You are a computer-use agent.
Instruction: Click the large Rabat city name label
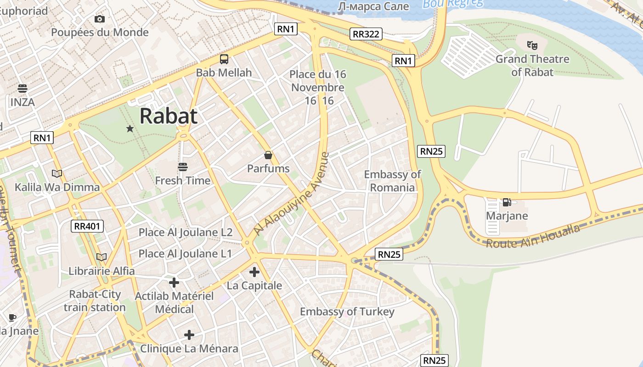click(168, 116)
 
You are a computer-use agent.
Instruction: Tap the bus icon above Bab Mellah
click(224, 59)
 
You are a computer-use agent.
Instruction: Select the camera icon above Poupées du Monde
click(100, 19)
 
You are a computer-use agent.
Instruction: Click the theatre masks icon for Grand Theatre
click(532, 45)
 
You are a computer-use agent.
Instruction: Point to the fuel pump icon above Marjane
click(507, 202)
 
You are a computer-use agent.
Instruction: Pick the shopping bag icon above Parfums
click(268, 156)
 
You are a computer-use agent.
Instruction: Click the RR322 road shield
click(366, 33)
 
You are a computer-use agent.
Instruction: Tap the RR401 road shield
click(88, 226)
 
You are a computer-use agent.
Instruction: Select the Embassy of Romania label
click(392, 181)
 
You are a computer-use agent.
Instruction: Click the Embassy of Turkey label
click(347, 312)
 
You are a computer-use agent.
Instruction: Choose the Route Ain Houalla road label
click(533, 237)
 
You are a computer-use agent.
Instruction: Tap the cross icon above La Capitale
click(254, 272)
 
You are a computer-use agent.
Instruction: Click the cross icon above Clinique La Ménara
click(189, 335)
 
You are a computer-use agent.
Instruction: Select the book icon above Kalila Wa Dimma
click(57, 173)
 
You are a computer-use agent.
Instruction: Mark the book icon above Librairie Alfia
click(102, 257)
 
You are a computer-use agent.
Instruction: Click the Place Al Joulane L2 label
click(186, 232)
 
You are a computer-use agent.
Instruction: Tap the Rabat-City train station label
click(95, 301)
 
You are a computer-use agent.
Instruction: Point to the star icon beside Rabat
click(130, 129)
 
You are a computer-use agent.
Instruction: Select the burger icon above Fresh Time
click(183, 167)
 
